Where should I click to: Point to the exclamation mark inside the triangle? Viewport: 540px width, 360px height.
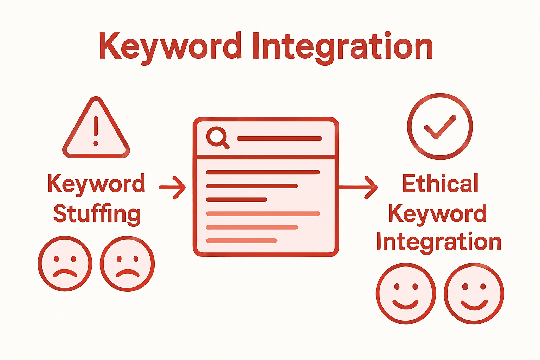96,130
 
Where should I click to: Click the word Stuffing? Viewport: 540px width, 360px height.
97,213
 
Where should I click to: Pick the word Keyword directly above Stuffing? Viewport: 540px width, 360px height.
96,184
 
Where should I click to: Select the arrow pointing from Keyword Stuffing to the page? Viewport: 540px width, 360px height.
173,187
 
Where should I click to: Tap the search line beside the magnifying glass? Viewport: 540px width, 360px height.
279,139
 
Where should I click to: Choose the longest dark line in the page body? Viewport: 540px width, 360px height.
263,172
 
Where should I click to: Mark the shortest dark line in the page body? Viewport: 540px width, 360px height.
237,200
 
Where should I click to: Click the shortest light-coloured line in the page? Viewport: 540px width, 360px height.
242,241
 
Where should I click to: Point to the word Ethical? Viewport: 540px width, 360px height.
440,184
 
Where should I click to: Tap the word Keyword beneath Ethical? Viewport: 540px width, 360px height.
438,213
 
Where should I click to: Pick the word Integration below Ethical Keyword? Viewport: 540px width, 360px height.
439,242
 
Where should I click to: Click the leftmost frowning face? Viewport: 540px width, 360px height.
65,264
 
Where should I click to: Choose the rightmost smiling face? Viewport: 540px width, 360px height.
474,293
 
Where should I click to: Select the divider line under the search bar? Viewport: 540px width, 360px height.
265,157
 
